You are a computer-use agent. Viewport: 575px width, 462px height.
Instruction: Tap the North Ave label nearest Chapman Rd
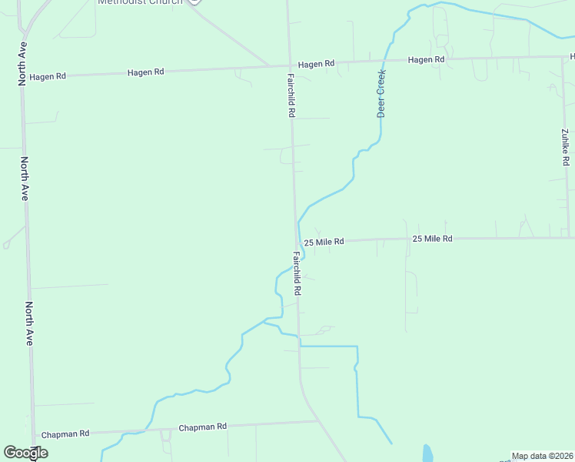pos(28,323)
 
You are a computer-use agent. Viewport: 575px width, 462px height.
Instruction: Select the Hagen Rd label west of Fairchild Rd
pos(146,72)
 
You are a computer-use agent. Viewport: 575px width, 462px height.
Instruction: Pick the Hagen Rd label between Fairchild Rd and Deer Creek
pos(317,64)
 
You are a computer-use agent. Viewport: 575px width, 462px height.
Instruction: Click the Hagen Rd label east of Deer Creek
pos(426,60)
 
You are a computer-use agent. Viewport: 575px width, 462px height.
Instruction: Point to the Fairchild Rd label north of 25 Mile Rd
pos(292,95)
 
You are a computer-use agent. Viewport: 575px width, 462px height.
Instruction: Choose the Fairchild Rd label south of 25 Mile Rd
pos(296,273)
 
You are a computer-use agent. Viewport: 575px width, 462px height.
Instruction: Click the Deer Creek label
pos(381,93)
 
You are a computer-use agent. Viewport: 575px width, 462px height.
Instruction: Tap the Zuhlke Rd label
pos(565,147)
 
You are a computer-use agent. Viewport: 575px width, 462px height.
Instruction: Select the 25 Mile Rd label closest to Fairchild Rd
pos(324,242)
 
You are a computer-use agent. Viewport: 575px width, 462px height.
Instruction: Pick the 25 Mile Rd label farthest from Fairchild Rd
pos(432,239)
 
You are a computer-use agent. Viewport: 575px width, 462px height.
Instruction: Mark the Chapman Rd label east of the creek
pos(202,427)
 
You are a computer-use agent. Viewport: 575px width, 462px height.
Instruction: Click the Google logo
pos(25,453)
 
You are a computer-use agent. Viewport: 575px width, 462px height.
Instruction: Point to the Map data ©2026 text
pos(542,456)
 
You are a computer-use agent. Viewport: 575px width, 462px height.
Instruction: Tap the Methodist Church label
pos(140,2)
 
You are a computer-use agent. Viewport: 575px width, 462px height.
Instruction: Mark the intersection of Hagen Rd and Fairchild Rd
pos(290,65)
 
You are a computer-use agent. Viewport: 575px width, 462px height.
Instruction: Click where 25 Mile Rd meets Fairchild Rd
pos(297,242)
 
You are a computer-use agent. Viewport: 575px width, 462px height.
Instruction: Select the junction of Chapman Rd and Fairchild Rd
pos(317,421)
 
